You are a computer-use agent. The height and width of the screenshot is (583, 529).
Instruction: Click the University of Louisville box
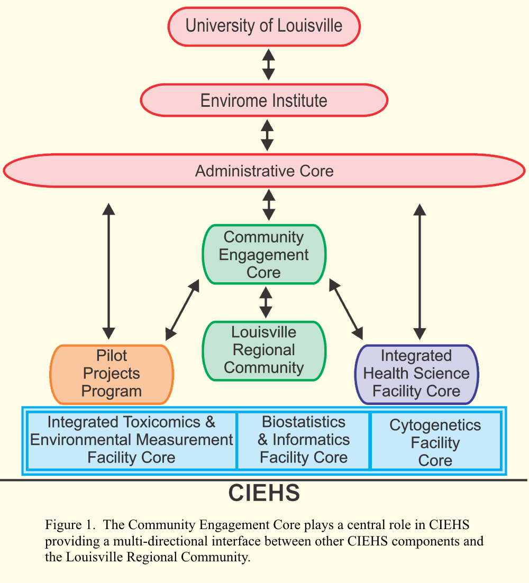[264, 26]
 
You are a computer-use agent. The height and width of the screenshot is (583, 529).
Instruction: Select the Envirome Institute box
[264, 100]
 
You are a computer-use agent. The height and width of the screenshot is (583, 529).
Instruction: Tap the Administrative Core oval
[264, 171]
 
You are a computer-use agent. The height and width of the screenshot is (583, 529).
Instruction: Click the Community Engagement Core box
[264, 254]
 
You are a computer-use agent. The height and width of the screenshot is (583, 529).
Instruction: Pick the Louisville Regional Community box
[264, 350]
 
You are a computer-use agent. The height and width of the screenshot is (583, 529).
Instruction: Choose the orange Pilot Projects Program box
[112, 374]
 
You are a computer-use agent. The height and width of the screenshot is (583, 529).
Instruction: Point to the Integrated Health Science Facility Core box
[416, 374]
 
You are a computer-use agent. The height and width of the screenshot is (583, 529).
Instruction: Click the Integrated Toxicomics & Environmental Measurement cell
[131, 440]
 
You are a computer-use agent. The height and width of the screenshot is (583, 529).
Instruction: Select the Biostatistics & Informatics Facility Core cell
[304, 440]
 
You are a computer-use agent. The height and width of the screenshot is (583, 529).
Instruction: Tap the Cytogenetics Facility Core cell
[435, 442]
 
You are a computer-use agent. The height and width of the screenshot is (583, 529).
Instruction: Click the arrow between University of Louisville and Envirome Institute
[269, 64]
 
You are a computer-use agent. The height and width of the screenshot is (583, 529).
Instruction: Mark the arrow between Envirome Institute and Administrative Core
[268, 135]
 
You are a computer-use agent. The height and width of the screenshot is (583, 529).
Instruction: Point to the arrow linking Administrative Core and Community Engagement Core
[269, 205]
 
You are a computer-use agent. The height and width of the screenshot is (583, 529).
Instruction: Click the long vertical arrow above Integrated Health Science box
[420, 271]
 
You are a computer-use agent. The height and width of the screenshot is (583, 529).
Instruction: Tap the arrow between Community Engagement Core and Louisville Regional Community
[266, 302]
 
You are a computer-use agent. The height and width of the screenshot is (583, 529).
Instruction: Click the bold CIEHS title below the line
[264, 493]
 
